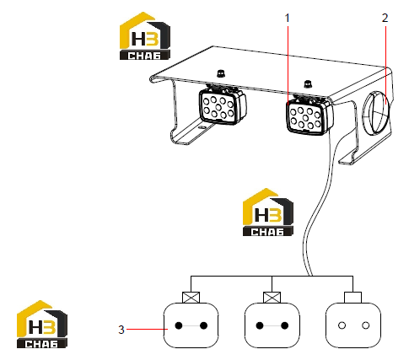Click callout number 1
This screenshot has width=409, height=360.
pyautogui.click(x=287, y=19)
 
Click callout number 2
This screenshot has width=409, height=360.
pyautogui.click(x=385, y=18)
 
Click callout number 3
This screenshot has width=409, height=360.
pyautogui.click(x=121, y=330)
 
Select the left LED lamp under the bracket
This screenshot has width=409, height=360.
pyautogui.click(x=223, y=106)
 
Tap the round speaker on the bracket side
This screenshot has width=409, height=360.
pyautogui.click(x=376, y=113)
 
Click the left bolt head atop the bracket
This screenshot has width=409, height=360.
pyautogui.click(x=220, y=73)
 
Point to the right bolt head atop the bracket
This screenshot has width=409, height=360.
pyautogui.click(x=308, y=83)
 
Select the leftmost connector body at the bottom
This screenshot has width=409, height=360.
pyautogui.click(x=191, y=325)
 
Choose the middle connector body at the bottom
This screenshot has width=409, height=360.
pyautogui.click(x=272, y=325)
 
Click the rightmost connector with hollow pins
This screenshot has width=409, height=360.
pyautogui.click(x=353, y=325)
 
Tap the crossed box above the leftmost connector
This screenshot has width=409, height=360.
pyautogui.click(x=191, y=298)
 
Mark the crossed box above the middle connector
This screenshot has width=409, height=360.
pyautogui.click(x=272, y=298)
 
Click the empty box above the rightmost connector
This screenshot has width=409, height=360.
pyautogui.click(x=353, y=298)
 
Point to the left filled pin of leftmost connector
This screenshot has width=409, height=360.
pyautogui.click(x=179, y=325)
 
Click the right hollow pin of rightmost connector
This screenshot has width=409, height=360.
pyautogui.click(x=365, y=325)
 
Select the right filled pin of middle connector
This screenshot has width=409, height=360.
pyautogui.click(x=285, y=325)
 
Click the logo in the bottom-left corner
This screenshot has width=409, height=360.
pyautogui.click(x=42, y=325)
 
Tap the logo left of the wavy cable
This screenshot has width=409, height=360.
pyautogui.click(x=268, y=212)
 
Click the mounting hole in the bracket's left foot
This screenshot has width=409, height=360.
pyautogui.click(x=202, y=127)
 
